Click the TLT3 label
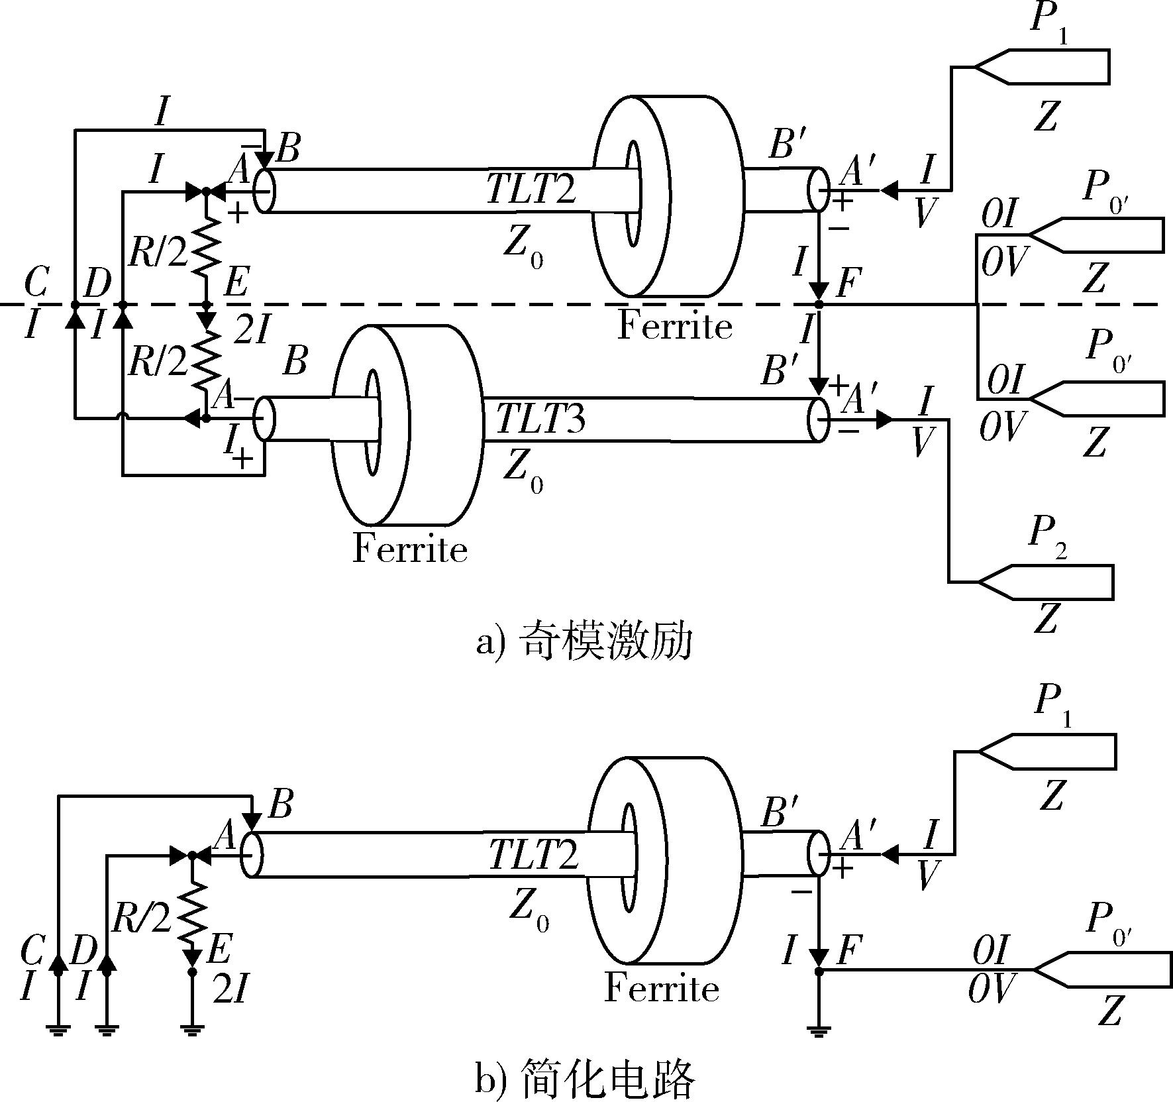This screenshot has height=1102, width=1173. (x=541, y=417)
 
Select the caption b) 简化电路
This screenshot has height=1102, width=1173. (x=585, y=1079)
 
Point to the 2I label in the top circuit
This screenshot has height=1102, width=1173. (x=252, y=329)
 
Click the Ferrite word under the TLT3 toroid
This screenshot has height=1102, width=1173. (x=410, y=549)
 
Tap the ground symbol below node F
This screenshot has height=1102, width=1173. (x=819, y=1030)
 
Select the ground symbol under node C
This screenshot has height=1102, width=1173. (x=59, y=1030)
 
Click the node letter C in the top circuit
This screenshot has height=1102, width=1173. (x=36, y=283)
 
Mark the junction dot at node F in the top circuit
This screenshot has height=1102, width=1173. (x=819, y=304)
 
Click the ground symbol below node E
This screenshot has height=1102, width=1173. (x=193, y=1030)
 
